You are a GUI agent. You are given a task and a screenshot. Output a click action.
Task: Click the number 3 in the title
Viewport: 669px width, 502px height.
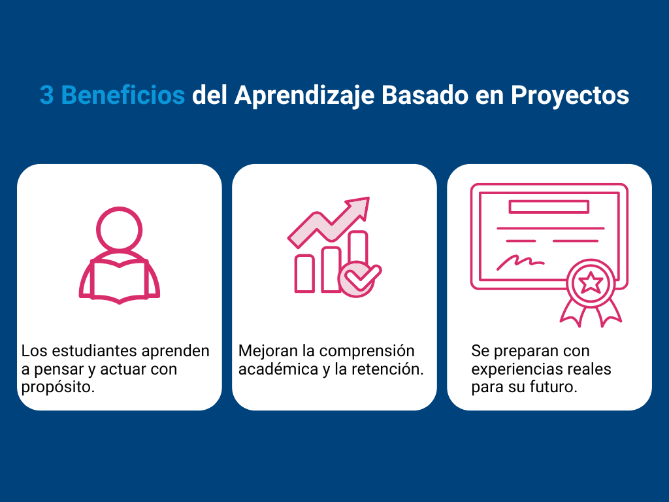click(46, 95)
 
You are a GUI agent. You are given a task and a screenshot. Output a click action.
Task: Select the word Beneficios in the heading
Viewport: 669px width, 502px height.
click(123, 95)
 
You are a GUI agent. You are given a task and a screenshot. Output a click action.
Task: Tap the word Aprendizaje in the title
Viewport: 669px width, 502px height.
click(304, 95)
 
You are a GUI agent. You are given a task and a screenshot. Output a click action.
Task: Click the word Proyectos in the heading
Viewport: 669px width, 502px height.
click(570, 95)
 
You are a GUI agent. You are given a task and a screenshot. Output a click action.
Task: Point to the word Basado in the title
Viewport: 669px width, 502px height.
click(425, 95)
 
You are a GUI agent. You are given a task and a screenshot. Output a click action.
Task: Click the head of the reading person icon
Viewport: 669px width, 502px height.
click(120, 229)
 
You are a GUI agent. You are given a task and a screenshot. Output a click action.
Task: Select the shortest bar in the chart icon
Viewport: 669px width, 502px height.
click(304, 274)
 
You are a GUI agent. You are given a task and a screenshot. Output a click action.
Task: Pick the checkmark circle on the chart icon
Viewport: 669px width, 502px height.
click(357, 278)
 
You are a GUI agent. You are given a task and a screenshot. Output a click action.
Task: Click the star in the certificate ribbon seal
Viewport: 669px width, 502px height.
click(591, 282)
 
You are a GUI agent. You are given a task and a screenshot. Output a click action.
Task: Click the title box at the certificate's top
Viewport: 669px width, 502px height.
click(549, 207)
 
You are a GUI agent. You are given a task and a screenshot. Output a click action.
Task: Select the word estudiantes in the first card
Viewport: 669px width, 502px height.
click(95, 351)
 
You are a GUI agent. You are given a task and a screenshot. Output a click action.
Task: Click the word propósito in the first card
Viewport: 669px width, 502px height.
click(58, 388)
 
